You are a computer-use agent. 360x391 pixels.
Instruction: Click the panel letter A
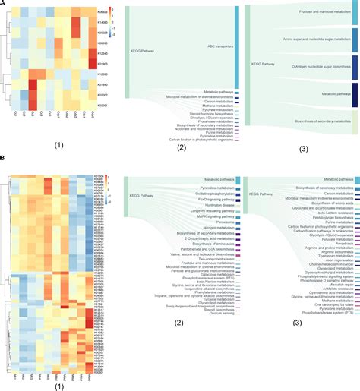[4, 5]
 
